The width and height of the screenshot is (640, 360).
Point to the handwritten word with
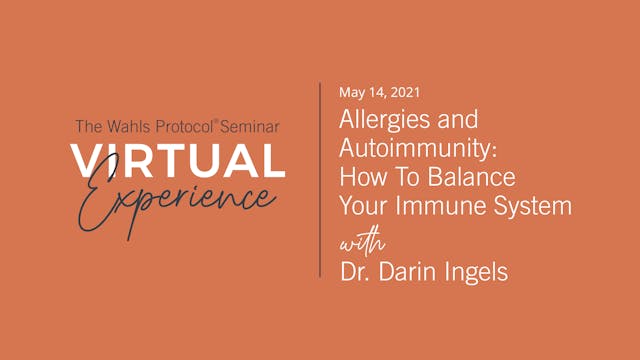[358, 242]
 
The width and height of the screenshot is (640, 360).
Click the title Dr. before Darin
[353, 271]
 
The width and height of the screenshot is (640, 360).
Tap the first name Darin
[401, 271]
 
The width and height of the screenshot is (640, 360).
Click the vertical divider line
[321, 180]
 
